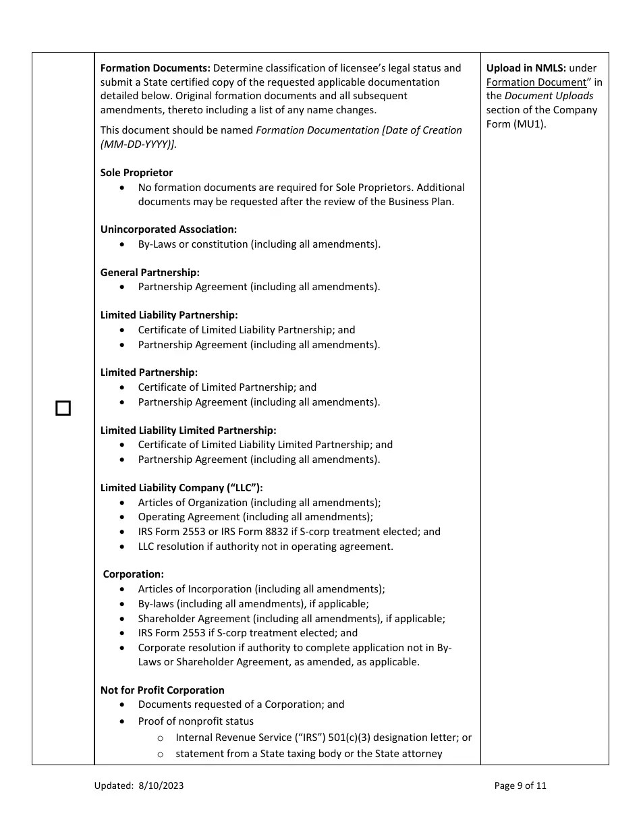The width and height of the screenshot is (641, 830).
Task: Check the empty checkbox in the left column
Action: (x=63, y=408)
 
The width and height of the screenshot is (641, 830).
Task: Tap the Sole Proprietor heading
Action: (x=136, y=173)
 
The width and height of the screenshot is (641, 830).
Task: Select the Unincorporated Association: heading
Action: (x=168, y=229)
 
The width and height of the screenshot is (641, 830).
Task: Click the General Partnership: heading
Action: (x=150, y=273)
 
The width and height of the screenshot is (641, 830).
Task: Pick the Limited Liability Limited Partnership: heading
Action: (x=188, y=431)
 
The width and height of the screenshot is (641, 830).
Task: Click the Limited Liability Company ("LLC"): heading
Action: (x=182, y=488)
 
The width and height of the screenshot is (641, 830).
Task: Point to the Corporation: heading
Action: (x=133, y=574)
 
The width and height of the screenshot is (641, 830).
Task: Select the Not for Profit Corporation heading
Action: (x=162, y=690)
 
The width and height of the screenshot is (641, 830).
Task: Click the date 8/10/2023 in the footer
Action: (x=161, y=785)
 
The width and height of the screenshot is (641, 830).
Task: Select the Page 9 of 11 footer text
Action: (x=520, y=785)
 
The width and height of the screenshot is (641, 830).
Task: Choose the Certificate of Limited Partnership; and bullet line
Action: (x=227, y=387)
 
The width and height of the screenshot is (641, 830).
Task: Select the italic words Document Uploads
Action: (x=549, y=96)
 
